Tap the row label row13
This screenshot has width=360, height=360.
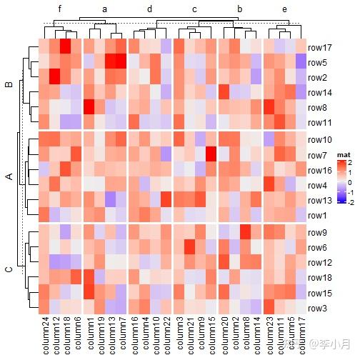click(319, 201)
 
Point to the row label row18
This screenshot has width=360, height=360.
click(319, 277)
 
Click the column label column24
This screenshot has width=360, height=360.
click(44, 336)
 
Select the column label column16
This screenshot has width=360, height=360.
click(134, 336)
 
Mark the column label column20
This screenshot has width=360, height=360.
click(223, 336)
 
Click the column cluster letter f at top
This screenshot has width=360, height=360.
click(61, 9)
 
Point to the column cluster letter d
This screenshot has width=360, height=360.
click(149, 9)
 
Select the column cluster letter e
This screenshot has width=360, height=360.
click(284, 9)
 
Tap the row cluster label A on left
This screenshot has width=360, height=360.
click(9, 177)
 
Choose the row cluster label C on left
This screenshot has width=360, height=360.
click(9, 269)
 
